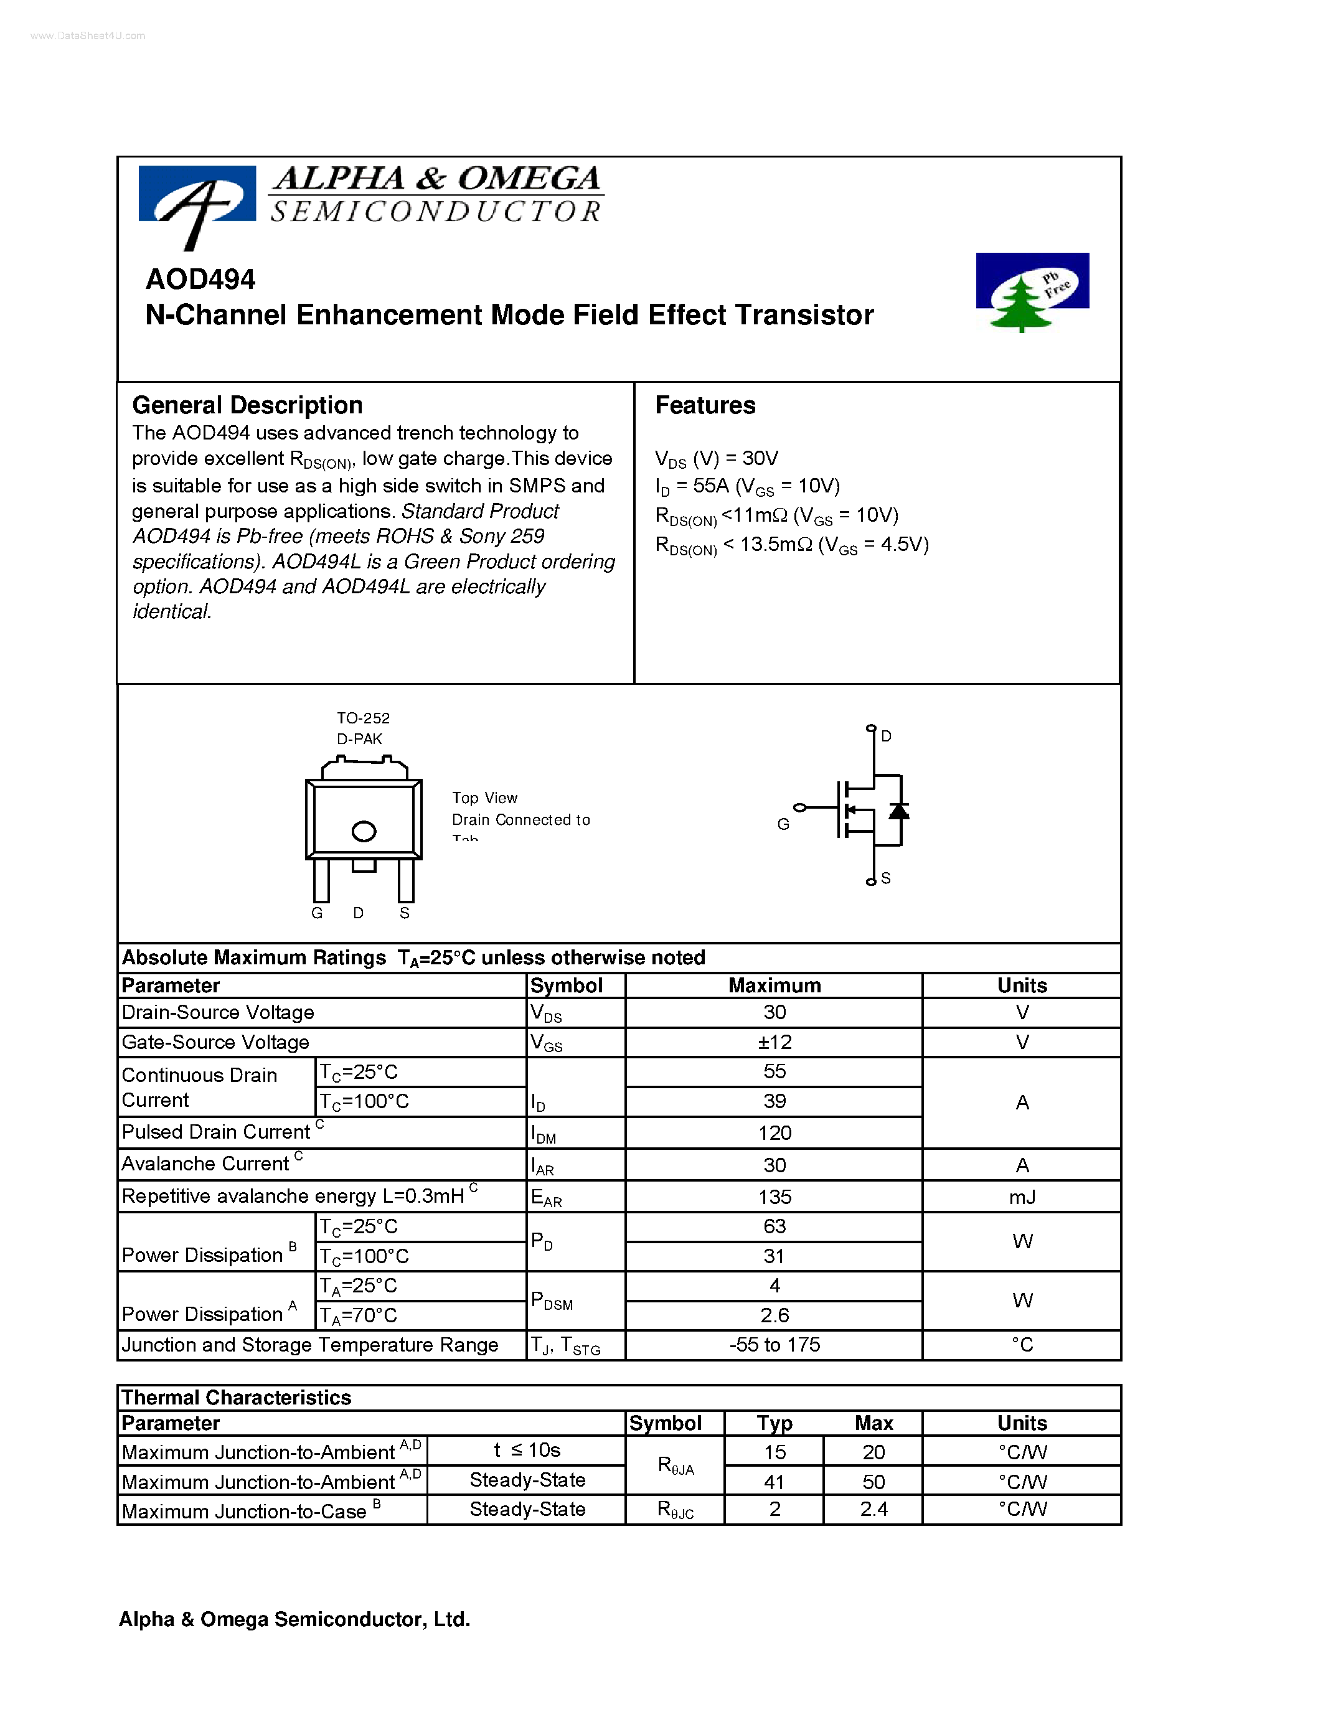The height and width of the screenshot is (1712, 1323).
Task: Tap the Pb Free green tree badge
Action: [1032, 291]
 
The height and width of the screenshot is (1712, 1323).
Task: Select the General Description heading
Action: [248, 405]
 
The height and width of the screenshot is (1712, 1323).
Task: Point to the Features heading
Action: [705, 405]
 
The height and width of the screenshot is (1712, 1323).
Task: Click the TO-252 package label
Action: [363, 718]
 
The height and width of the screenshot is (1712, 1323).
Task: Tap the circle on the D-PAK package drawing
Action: [364, 831]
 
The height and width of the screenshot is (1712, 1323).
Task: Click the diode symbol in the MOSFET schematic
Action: [899, 811]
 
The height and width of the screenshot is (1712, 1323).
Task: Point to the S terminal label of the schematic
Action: [886, 878]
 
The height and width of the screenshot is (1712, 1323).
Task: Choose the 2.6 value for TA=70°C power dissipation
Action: [774, 1315]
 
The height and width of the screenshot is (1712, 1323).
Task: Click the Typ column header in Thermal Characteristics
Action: [774, 1423]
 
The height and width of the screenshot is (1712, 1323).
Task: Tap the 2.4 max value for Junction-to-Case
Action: [873, 1509]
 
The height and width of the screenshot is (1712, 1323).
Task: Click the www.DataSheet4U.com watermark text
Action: [88, 36]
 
